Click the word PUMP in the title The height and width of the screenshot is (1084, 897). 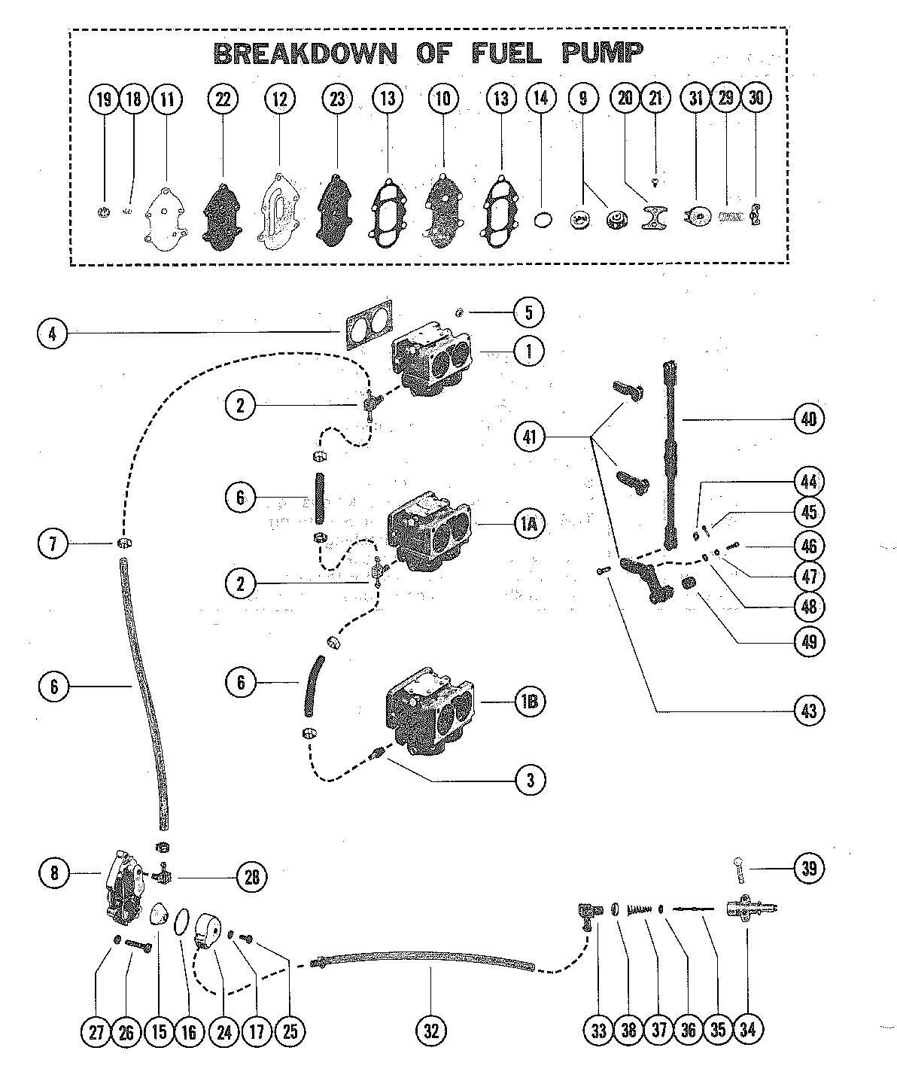[x=601, y=53]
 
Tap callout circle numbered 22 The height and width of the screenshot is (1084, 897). [x=223, y=99]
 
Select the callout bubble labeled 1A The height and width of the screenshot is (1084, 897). [x=529, y=525]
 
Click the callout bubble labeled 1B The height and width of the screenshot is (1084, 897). [x=530, y=702]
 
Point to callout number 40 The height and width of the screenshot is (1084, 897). [x=809, y=419]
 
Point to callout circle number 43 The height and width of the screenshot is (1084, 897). [x=809, y=710]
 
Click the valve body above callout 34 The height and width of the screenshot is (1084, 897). [x=751, y=909]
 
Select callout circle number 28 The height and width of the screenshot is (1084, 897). [x=252, y=878]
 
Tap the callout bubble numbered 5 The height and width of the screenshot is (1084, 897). [x=528, y=312]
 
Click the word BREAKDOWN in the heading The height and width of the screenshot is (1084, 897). [x=306, y=53]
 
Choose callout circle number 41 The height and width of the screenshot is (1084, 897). [x=529, y=437]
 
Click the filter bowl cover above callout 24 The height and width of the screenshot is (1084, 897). [x=208, y=930]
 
